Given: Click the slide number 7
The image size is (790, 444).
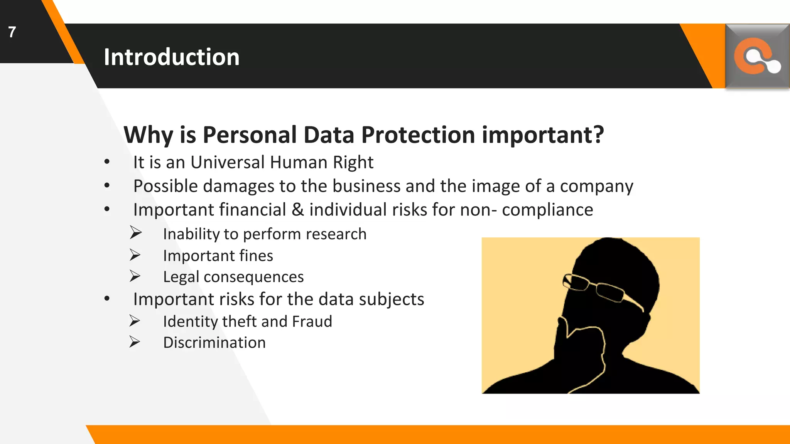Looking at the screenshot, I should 12,32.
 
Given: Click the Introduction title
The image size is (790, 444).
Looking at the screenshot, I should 172,57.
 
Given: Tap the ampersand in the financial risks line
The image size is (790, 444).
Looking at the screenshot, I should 297,210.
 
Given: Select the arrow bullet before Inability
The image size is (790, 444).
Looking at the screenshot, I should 135,233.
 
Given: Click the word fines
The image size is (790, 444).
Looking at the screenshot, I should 256,256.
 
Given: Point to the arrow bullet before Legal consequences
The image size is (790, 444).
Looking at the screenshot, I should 135,276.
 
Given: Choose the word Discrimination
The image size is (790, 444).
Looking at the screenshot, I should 214,343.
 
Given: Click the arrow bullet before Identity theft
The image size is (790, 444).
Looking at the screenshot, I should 135,321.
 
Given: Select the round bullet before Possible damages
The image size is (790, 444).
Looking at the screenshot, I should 107,186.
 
